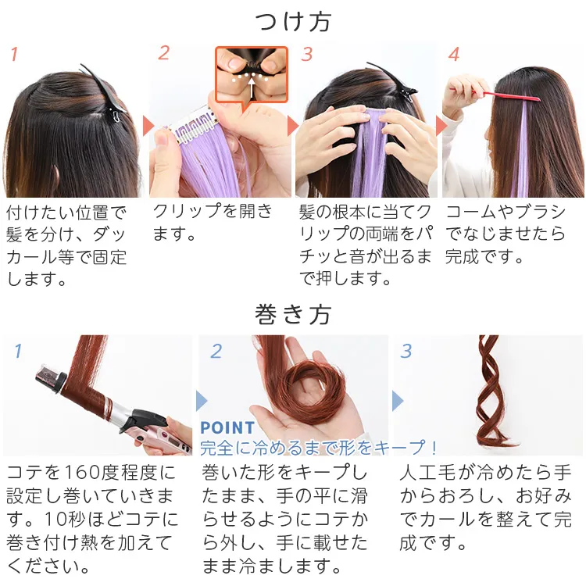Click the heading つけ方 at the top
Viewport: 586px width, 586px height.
pos(293,22)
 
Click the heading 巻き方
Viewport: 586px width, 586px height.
pos(293,314)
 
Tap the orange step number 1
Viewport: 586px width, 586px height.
pos(13,55)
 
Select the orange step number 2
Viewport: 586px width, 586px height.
pos(163,53)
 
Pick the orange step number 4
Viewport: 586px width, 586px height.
pos(454,55)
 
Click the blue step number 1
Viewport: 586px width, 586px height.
pos(18,351)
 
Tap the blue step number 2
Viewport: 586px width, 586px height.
pos(216,351)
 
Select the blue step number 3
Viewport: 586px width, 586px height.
pos(406,351)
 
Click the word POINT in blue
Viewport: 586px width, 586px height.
pos(227,427)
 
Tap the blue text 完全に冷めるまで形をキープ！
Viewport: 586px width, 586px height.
pos(319,448)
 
